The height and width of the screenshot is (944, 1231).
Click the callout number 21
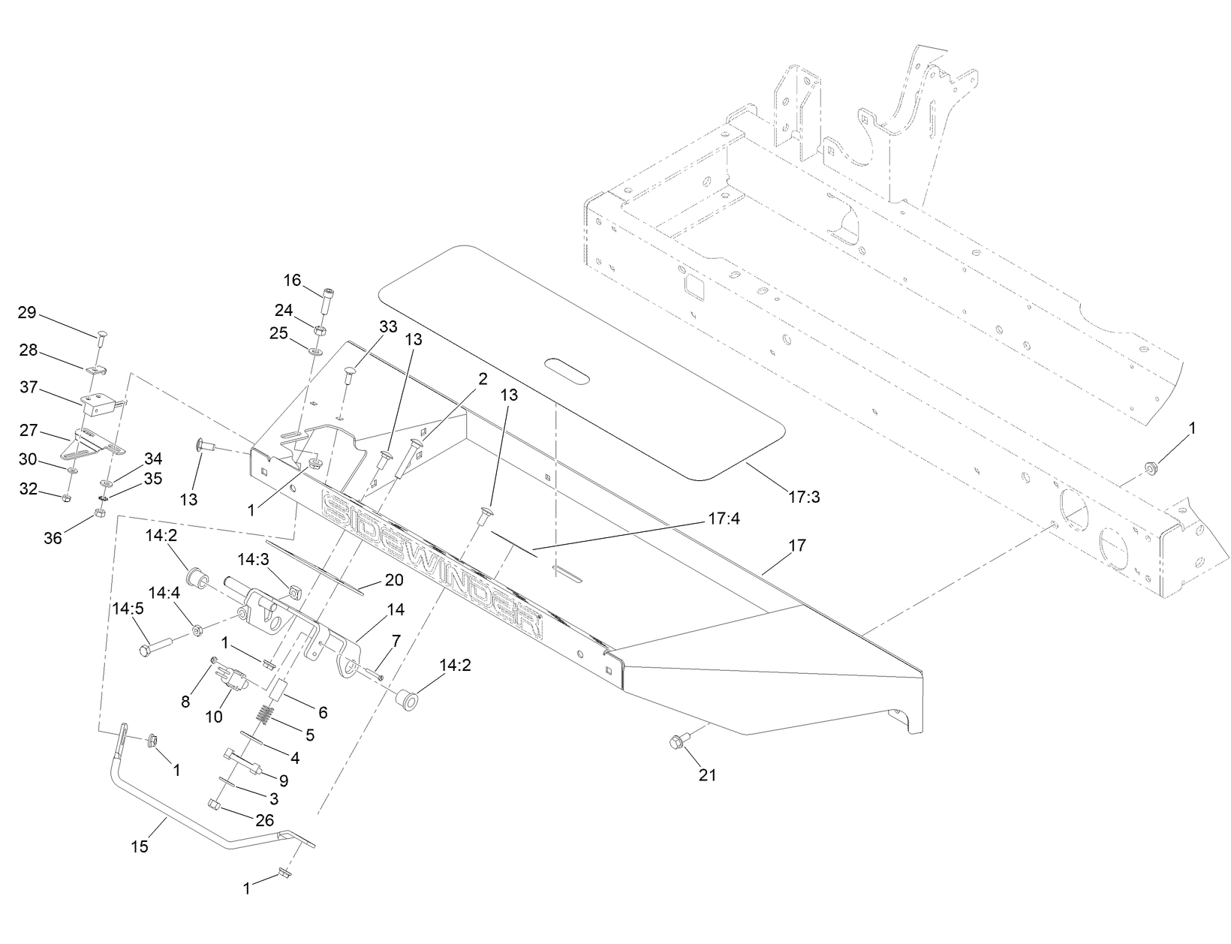coord(707,775)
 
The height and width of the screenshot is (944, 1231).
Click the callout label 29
coord(27,312)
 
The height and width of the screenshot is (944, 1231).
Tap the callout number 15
coord(140,847)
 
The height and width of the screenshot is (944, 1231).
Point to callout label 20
coord(393,579)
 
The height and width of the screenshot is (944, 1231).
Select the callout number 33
coord(388,327)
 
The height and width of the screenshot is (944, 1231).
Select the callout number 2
coord(483,379)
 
